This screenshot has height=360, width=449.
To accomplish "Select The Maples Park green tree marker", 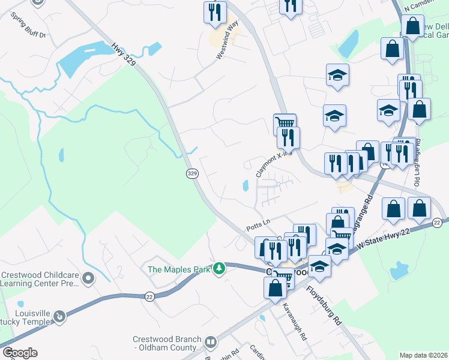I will click(x=220, y=268).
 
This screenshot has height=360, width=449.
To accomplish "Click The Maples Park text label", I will click(x=179, y=269).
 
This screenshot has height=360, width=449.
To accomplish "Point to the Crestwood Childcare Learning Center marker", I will click(x=89, y=278).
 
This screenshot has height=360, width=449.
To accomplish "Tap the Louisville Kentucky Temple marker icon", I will click(x=59, y=316).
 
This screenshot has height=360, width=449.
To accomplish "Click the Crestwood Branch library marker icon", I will click(x=210, y=343).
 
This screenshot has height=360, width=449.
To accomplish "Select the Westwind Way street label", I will click(x=228, y=40).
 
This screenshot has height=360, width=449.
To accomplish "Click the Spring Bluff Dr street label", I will click(x=28, y=24).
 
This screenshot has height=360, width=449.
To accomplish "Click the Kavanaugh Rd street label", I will click(x=295, y=322).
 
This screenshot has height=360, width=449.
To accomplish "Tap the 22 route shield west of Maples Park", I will click(x=149, y=296).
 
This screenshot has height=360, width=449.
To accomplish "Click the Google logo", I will click(x=19, y=353).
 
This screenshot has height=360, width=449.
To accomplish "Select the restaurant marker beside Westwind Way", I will click(x=214, y=12).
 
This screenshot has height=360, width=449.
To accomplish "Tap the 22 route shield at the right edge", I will click(x=437, y=223).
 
